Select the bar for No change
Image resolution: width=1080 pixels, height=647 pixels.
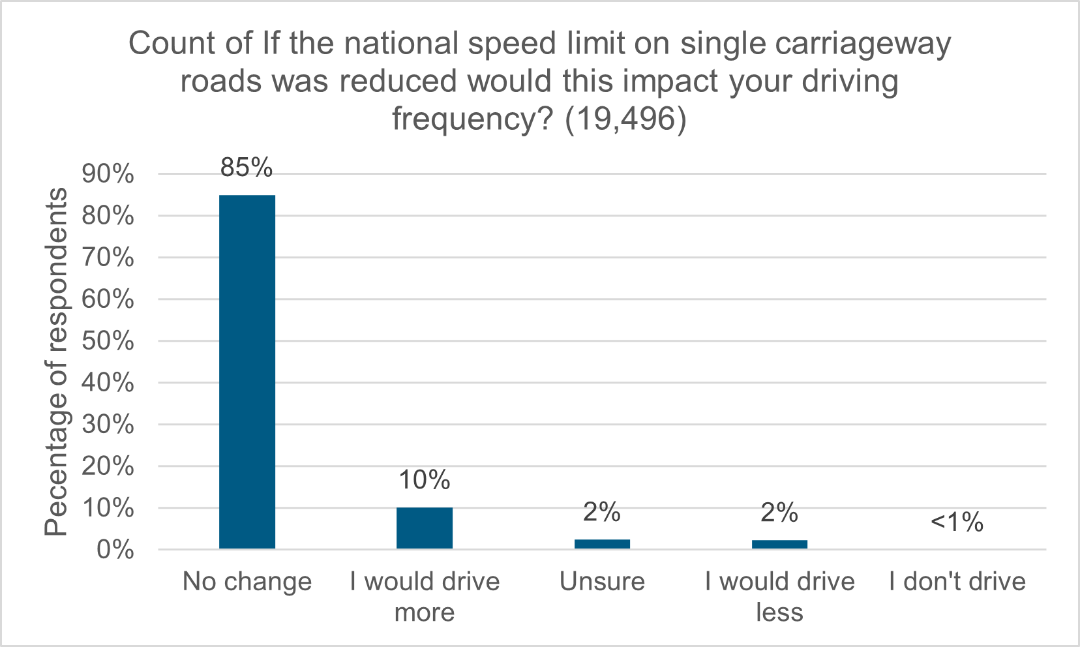[247, 372]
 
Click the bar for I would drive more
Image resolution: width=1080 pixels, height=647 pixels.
[424, 528]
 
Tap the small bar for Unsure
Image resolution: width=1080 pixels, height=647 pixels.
[602, 544]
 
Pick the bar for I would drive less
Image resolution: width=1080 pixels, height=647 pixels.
[779, 544]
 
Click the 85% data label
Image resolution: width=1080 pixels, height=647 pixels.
[247, 168]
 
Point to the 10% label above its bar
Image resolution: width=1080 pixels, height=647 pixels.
[424, 480]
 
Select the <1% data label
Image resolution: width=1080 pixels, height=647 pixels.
[957, 522]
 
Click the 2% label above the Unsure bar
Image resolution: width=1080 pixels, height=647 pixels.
[601, 512]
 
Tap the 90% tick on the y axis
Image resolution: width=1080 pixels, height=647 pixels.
[108, 174]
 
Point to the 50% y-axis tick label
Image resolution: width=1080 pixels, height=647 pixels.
[108, 341]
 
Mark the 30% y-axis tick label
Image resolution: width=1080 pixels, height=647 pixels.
[108, 425]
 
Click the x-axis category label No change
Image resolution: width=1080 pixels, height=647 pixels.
[247, 581]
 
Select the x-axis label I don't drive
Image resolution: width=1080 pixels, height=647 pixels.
[957, 581]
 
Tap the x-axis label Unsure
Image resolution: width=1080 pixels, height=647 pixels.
[602, 581]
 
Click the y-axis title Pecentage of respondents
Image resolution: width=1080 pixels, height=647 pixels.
[56, 362]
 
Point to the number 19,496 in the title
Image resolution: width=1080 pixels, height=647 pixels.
[625, 119]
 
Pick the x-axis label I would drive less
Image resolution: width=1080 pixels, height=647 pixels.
[779, 596]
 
